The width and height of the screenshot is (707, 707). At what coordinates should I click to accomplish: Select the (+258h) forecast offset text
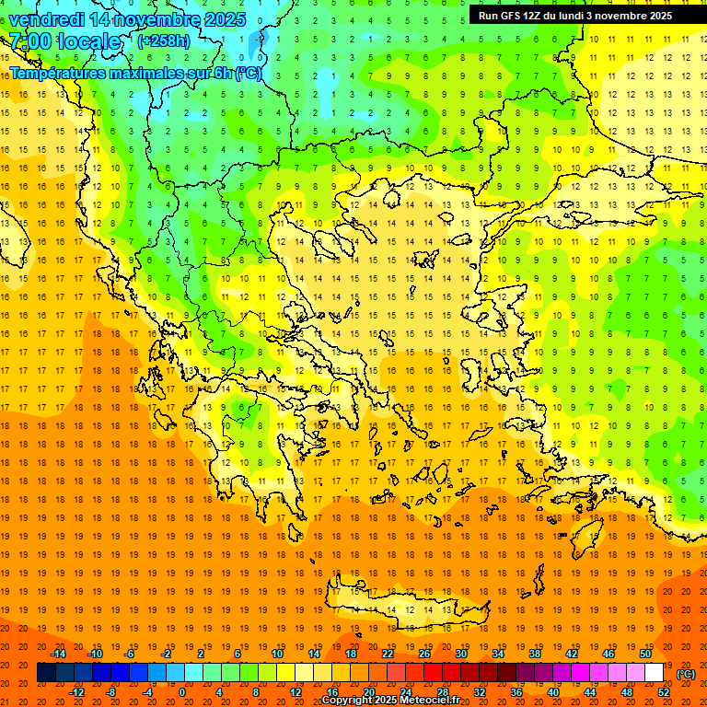coord(164,41)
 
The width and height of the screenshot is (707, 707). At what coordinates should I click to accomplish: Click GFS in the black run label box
coord(512,16)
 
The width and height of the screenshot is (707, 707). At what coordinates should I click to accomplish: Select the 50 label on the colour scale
coord(644,654)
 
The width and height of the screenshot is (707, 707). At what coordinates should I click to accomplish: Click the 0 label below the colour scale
coord(183,692)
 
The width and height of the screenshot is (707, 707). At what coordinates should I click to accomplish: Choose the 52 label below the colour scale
coord(664,692)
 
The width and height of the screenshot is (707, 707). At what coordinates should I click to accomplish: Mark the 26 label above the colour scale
coord(424,654)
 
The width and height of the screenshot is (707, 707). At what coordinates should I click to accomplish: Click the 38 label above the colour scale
coord(535,654)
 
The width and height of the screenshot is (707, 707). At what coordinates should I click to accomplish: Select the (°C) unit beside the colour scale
coord(686,674)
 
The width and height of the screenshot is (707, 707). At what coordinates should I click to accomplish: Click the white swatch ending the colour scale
coord(655,673)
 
